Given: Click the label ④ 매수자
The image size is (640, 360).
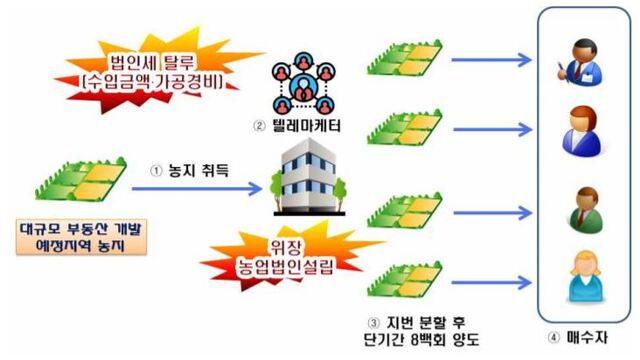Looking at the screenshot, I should [x=582, y=335].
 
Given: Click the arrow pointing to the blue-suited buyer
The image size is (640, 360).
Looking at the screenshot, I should [x=490, y=60].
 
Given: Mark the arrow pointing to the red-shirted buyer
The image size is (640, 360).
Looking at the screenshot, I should [x=490, y=127].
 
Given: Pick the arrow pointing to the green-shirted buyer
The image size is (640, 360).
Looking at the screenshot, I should [x=490, y=212].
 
